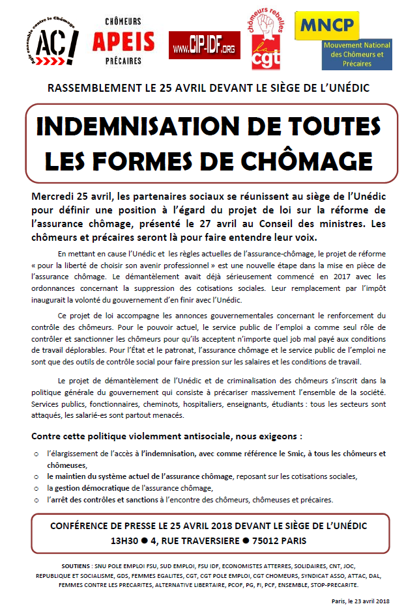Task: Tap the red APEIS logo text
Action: [x=123, y=43]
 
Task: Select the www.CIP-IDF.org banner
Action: [x=205, y=45]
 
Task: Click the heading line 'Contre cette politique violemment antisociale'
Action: [x=167, y=435]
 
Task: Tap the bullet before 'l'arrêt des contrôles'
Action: [x=36, y=500]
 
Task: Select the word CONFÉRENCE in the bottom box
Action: [x=79, y=526]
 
